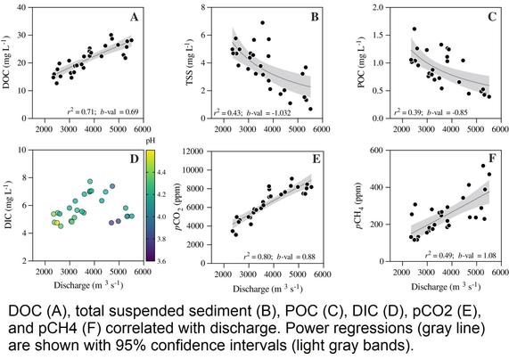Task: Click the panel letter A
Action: (x=134, y=17)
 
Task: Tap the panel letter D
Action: (x=134, y=160)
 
